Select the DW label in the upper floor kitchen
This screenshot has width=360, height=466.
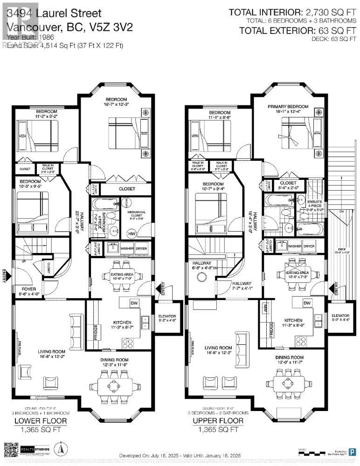[307, 303]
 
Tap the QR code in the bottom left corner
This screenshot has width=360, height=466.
[11, 449]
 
